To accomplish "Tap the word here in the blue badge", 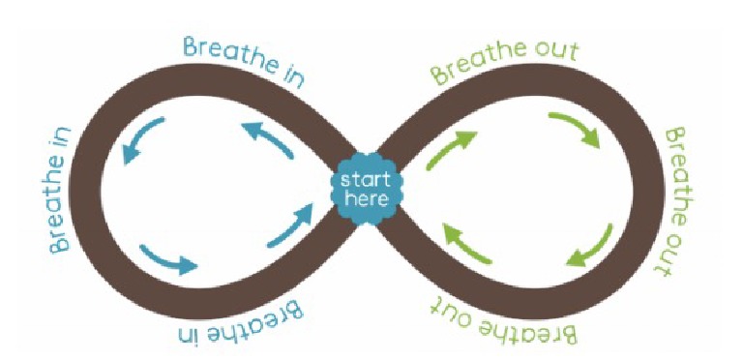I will click(367, 199).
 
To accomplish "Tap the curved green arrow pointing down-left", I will click(591, 248).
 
